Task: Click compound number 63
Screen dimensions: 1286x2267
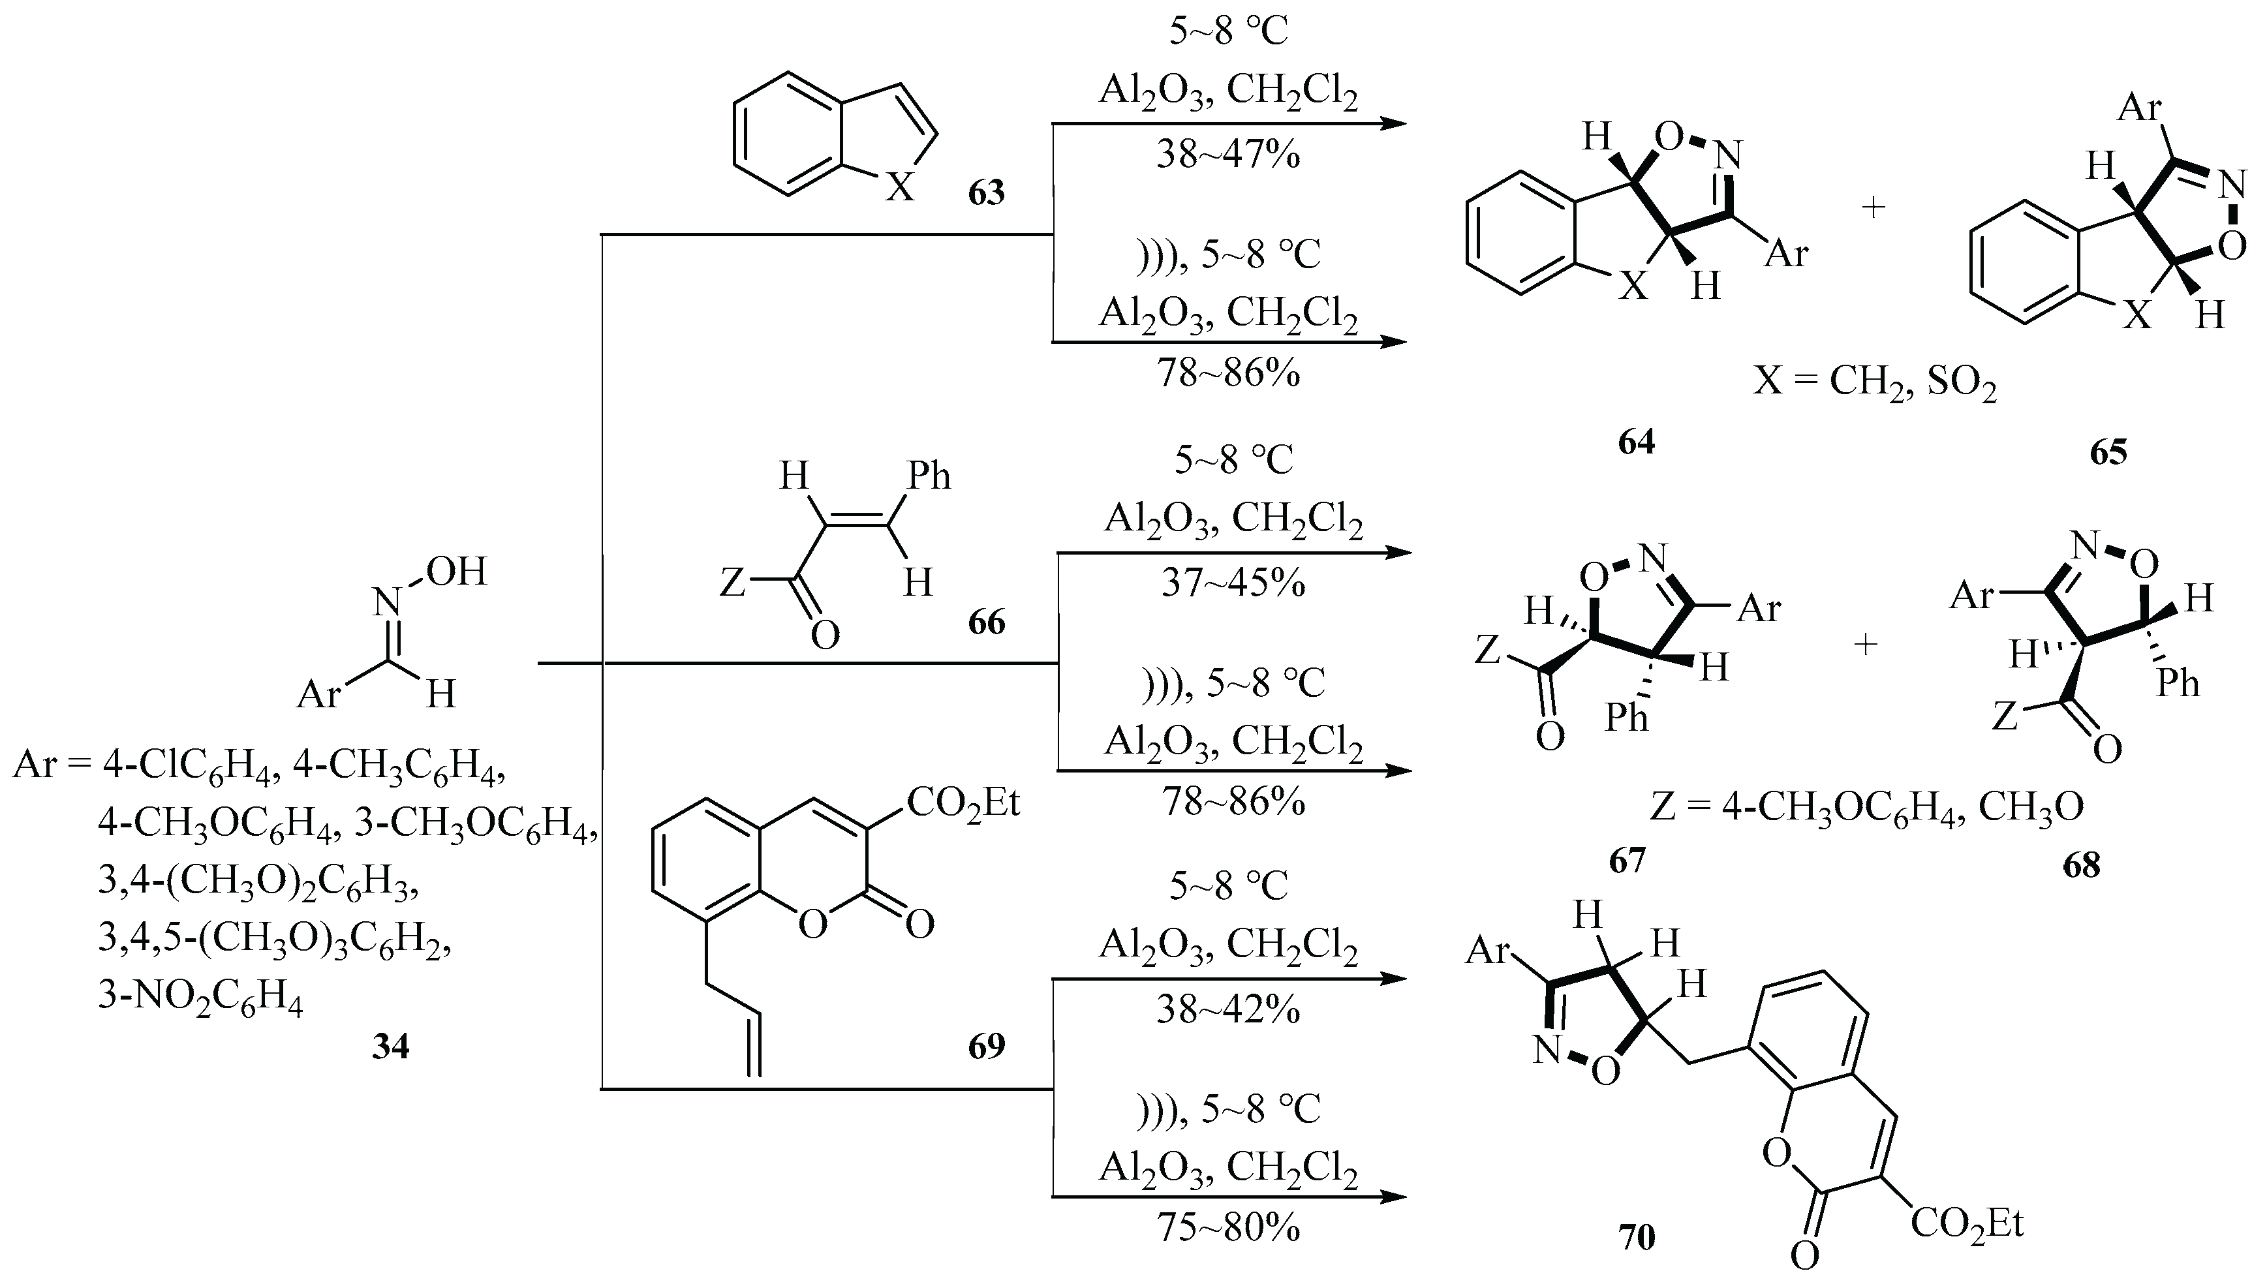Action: tap(987, 192)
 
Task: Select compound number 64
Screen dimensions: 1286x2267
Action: tap(1637, 442)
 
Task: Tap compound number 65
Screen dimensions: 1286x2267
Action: tap(2108, 452)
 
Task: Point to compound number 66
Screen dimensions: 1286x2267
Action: tap(987, 622)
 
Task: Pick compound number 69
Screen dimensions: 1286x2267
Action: tap(987, 1046)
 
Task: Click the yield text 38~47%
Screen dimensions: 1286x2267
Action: tap(1228, 155)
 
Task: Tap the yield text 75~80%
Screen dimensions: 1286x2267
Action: tap(1228, 1228)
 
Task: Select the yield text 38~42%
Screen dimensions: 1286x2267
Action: tap(1228, 1009)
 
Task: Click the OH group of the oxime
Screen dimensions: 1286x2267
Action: tap(455, 572)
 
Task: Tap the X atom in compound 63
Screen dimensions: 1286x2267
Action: tap(900, 187)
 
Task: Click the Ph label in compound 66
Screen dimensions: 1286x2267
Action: tap(929, 477)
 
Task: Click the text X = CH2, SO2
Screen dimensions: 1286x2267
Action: tap(1875, 384)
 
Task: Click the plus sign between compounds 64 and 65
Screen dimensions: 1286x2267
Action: tap(1873, 208)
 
